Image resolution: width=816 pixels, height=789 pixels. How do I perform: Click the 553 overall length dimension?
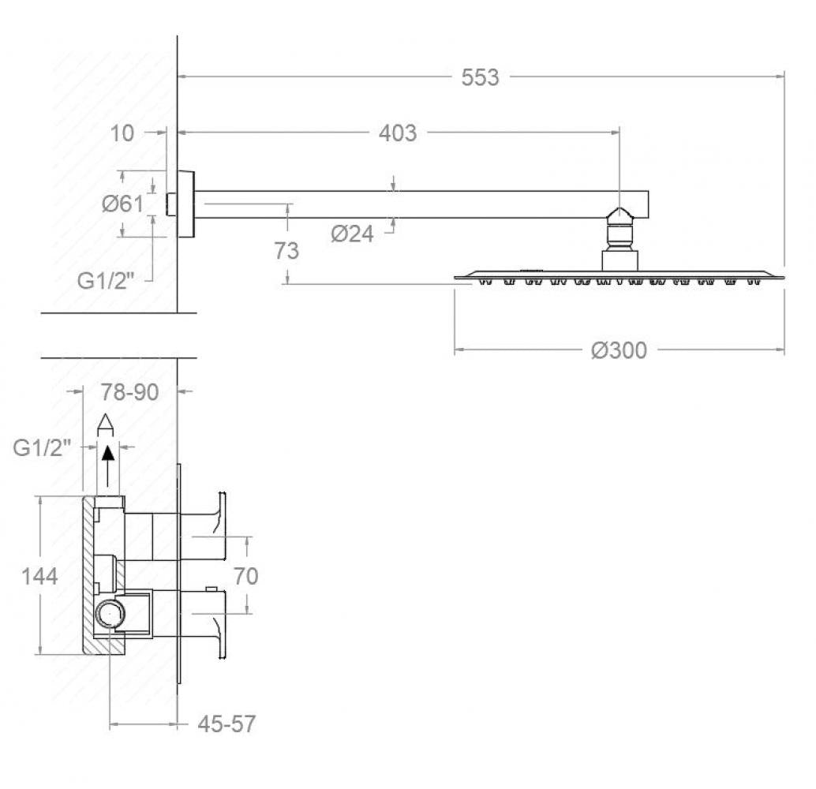coord(480,77)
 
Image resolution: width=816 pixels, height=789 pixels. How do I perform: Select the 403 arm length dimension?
coord(398,133)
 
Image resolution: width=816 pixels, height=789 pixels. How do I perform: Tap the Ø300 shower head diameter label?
coord(619,350)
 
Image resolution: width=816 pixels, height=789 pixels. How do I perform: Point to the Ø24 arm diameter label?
coord(352,234)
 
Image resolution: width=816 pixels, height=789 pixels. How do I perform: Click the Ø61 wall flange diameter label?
coord(122,204)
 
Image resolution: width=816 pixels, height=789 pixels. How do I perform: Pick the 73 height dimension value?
coord(286,251)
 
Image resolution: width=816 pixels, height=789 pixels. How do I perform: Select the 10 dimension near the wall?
coord(122,134)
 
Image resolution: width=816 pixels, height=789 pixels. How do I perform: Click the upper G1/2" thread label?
coord(106,281)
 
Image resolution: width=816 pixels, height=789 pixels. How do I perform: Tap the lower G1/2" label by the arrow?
coord(42,447)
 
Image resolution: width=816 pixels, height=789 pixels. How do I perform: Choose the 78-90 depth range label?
coord(129,392)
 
